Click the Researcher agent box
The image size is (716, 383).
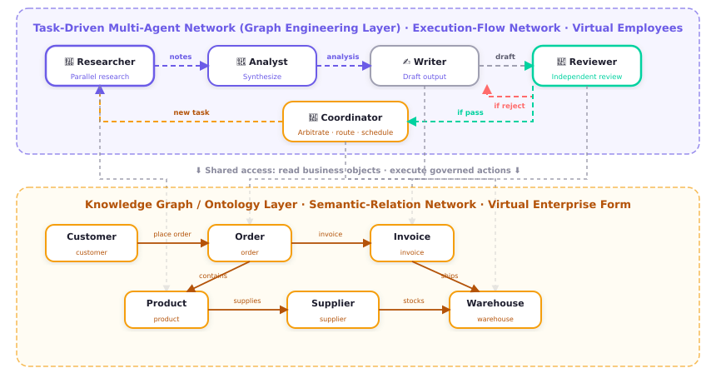(100, 66)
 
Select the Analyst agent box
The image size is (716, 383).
(262, 66)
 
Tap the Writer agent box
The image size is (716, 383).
(425, 66)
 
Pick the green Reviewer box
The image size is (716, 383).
(587, 66)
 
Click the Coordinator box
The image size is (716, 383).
(346, 122)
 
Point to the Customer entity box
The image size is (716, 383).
(92, 243)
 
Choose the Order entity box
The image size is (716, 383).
(250, 243)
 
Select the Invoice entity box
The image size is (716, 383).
(412, 243)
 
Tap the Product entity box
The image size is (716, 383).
(167, 310)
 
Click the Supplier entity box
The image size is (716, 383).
(333, 310)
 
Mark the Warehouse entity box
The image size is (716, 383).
(495, 310)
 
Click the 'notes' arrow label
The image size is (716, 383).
(181, 57)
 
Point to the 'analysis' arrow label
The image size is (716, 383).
(343, 57)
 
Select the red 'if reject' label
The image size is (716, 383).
(510, 106)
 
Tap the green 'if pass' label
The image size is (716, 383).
(470, 112)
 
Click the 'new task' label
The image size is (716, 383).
(191, 112)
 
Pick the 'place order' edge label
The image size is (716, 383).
(172, 234)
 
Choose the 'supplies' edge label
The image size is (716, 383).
(247, 301)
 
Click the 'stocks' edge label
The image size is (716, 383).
(414, 301)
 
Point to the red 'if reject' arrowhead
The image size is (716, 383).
(487, 89)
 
